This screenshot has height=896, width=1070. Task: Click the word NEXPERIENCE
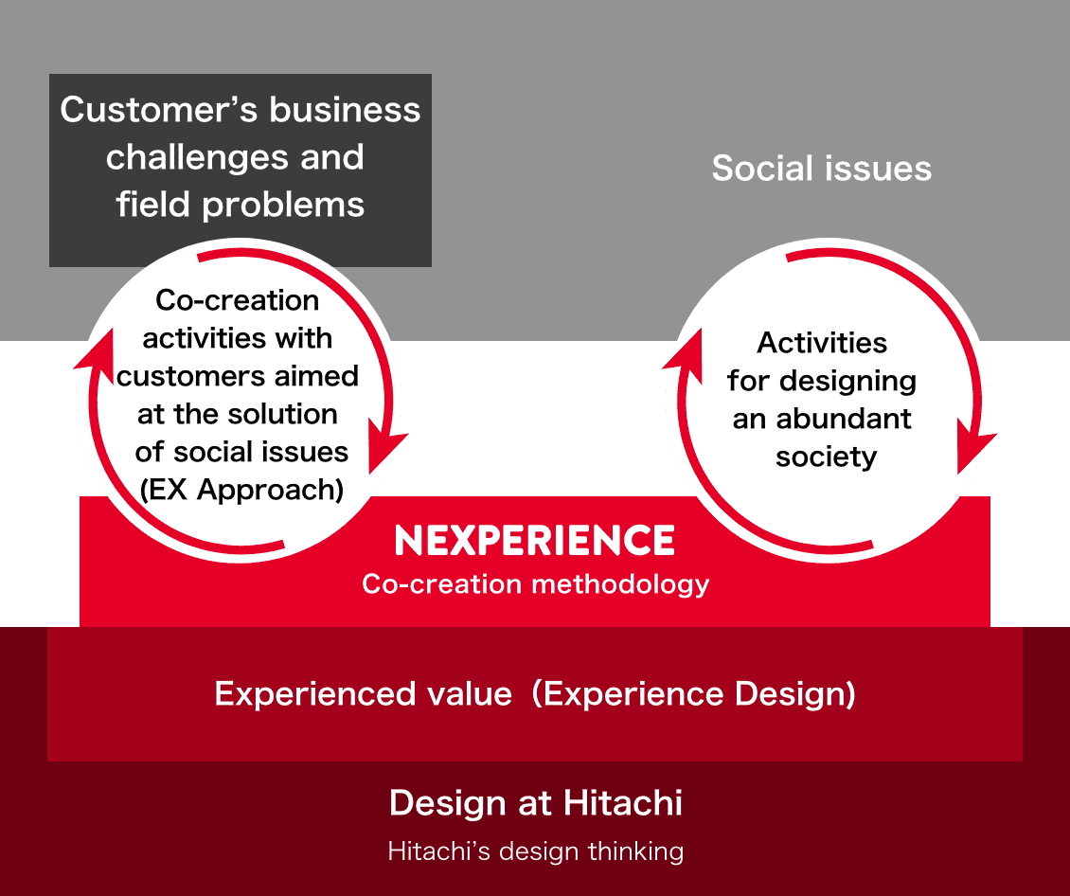click(535, 541)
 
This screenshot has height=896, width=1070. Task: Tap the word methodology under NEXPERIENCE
click(620, 584)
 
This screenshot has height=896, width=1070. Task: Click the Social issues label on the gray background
click(822, 168)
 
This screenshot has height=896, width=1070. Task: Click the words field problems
click(241, 205)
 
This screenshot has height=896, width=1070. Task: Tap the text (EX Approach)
click(241, 490)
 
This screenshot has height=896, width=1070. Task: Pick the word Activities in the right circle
click(822, 343)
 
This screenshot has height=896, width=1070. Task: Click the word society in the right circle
click(826, 457)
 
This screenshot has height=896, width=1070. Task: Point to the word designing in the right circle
click(847, 382)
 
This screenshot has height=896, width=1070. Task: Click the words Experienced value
click(363, 694)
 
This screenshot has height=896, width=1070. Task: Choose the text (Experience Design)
click(694, 694)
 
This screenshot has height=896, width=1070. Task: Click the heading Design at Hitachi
click(536, 802)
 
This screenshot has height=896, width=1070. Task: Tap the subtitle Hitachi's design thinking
click(536, 851)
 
